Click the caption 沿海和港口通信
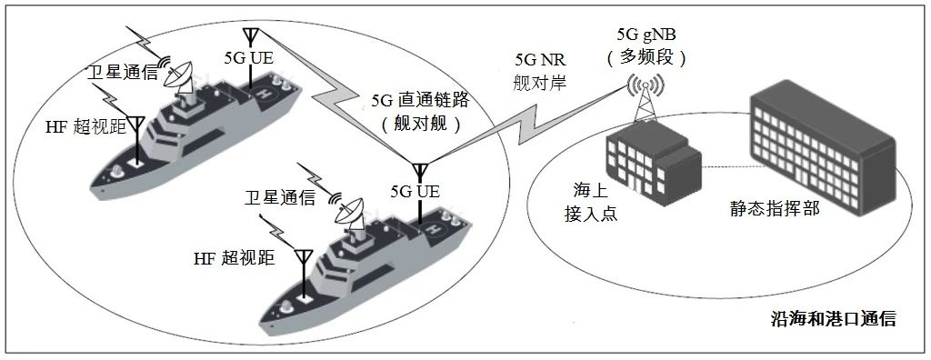pyautogui.click(x=833, y=318)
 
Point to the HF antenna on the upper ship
pyautogui.click(x=137, y=127)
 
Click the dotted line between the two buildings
pyautogui.click(x=726, y=167)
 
